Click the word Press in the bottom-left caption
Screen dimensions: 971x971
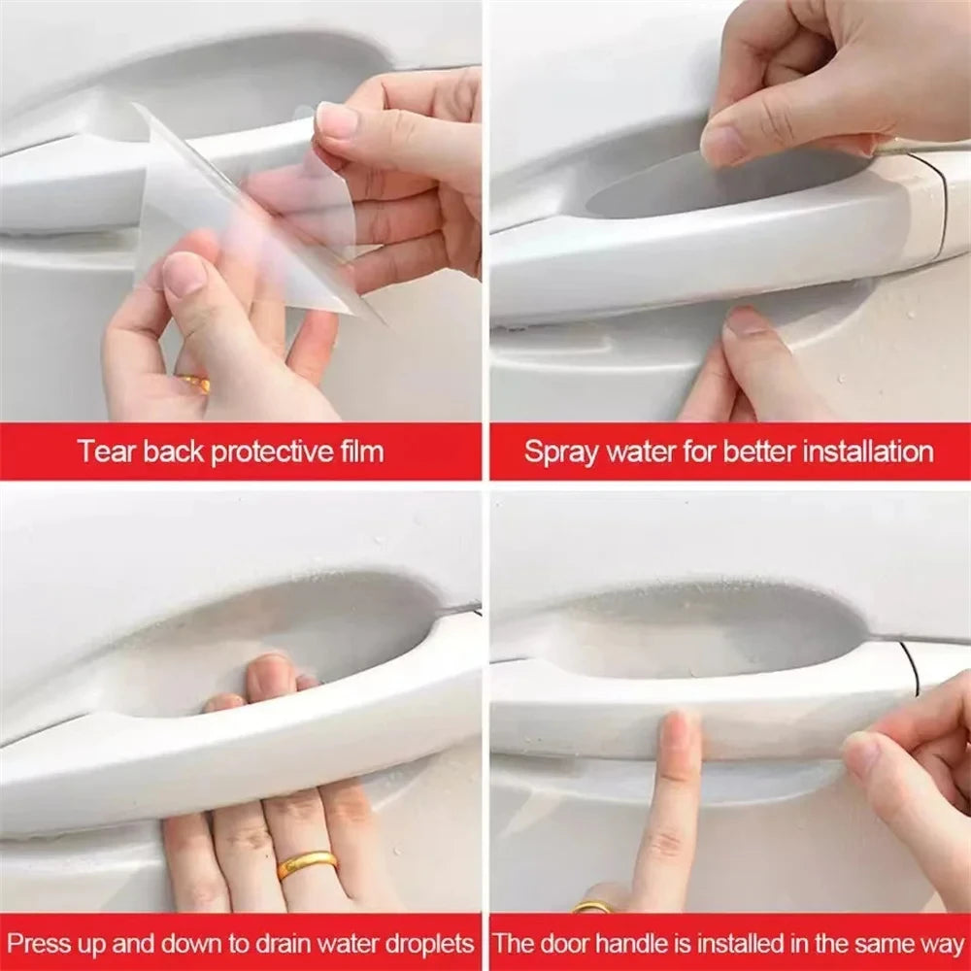point(42,943)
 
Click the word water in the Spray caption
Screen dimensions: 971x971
point(637,452)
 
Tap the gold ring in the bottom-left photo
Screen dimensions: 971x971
point(307,863)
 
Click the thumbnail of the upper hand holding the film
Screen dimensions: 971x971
point(337,120)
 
